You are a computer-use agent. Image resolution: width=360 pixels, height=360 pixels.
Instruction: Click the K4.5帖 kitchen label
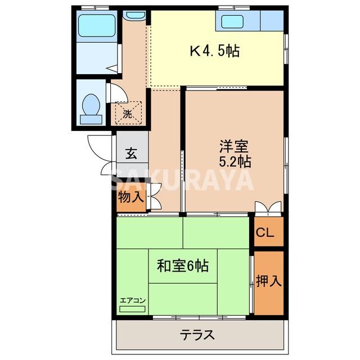(x=214, y=52)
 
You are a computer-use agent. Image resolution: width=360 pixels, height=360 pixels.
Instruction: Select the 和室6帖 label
(x=182, y=264)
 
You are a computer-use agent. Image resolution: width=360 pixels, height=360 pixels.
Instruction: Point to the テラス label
(x=197, y=335)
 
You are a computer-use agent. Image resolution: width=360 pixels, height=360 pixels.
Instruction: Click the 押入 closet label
(x=268, y=281)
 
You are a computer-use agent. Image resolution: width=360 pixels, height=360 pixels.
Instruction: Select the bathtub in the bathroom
(x=96, y=25)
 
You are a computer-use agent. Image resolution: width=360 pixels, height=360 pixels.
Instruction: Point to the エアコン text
(x=133, y=300)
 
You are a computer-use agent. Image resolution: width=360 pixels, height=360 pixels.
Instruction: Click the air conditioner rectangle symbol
(x=133, y=309)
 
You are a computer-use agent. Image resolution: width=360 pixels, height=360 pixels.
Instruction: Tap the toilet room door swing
(x=115, y=93)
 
